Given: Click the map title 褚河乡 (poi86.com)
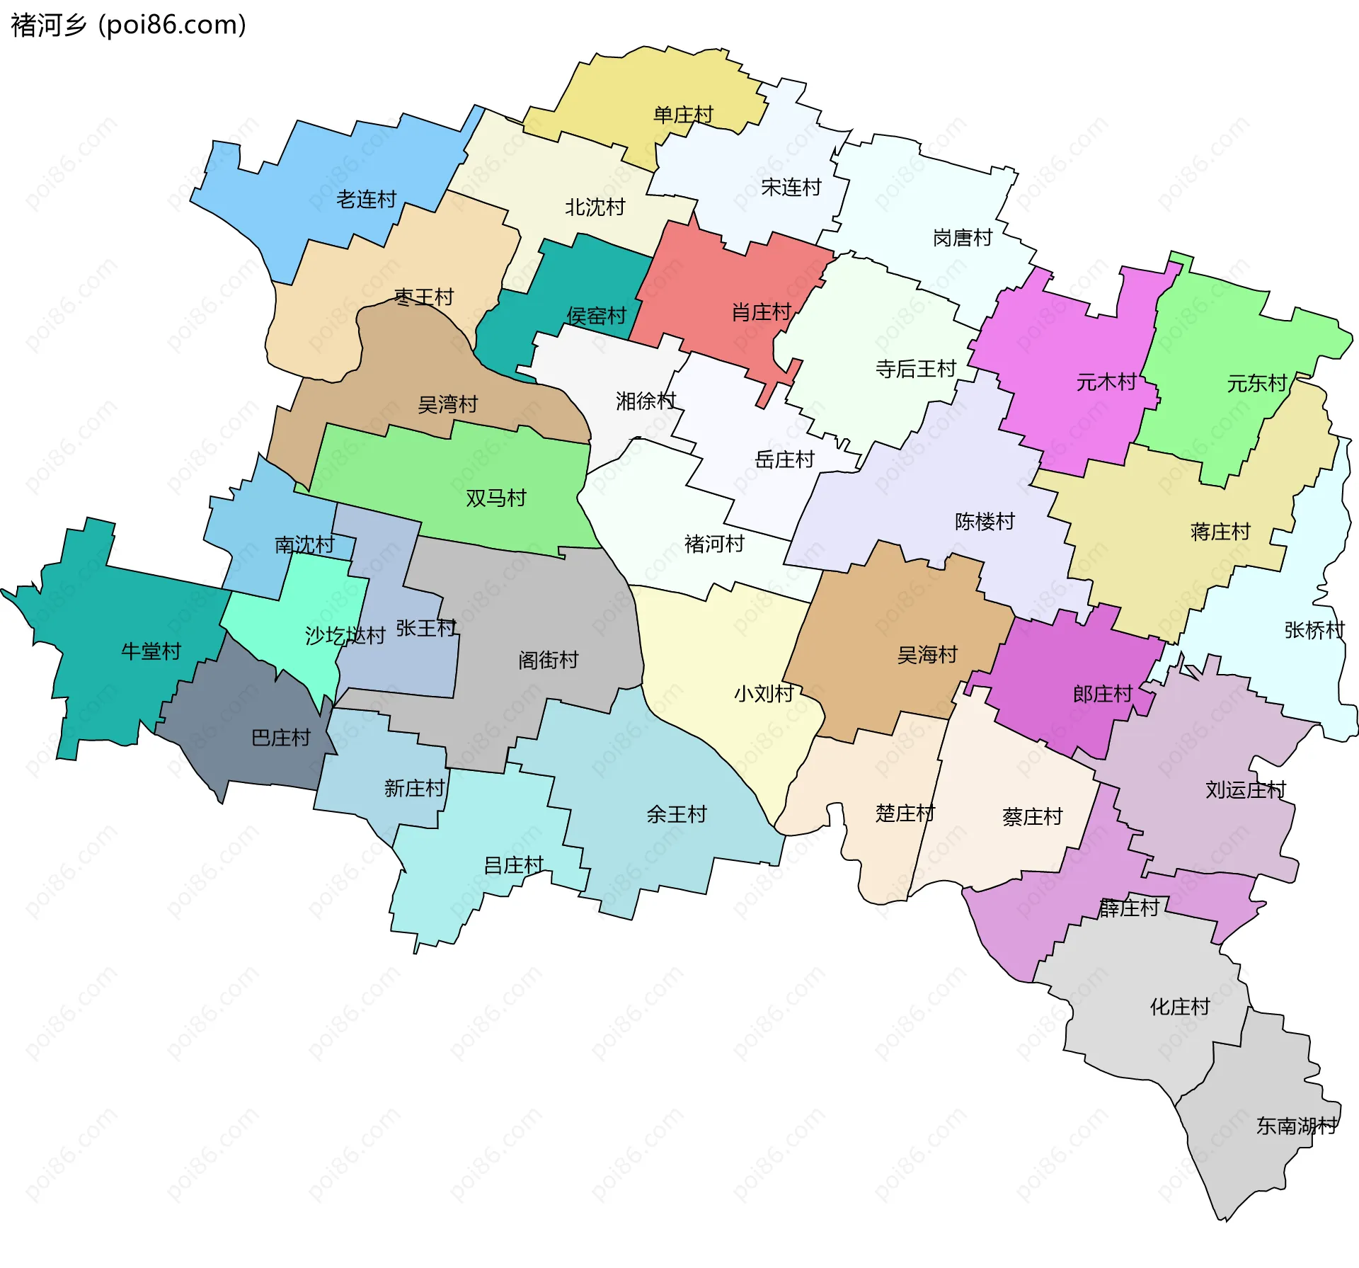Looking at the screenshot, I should tap(129, 25).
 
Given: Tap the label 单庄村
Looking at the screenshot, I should tap(683, 115).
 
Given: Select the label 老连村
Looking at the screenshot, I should tap(366, 200).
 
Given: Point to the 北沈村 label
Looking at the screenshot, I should tap(595, 207).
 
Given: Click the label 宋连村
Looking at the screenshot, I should tap(791, 188).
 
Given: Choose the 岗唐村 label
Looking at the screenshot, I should tap(963, 238).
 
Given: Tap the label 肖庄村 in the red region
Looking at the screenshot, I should tap(761, 312).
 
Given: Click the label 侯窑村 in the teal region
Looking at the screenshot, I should tap(596, 316).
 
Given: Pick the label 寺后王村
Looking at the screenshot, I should tap(915, 369).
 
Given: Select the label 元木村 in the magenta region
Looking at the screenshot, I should tap(1106, 382).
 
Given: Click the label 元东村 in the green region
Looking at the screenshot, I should tap(1256, 384).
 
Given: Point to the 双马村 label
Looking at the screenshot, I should tap(495, 498).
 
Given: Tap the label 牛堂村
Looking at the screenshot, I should tap(151, 651).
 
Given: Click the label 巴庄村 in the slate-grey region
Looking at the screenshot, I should tap(281, 738).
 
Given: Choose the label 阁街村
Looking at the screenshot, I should tap(548, 661).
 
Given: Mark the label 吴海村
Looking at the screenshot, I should tap(927, 655).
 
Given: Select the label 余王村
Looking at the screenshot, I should tap(676, 815).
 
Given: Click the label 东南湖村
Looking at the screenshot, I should tap(1297, 1126).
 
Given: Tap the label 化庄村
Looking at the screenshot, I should tap(1179, 1007).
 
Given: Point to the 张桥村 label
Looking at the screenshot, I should tap(1314, 630).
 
